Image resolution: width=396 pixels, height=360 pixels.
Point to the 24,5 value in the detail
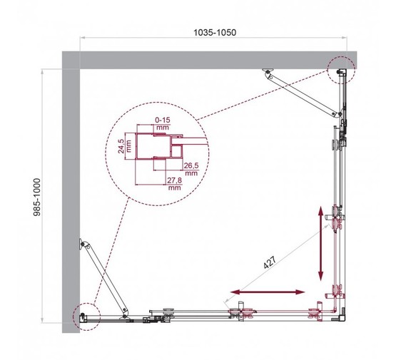[x=123, y=146]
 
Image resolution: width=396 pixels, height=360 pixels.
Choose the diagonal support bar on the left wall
[x=105, y=277]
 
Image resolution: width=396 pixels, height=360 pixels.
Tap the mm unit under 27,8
[x=174, y=190]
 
